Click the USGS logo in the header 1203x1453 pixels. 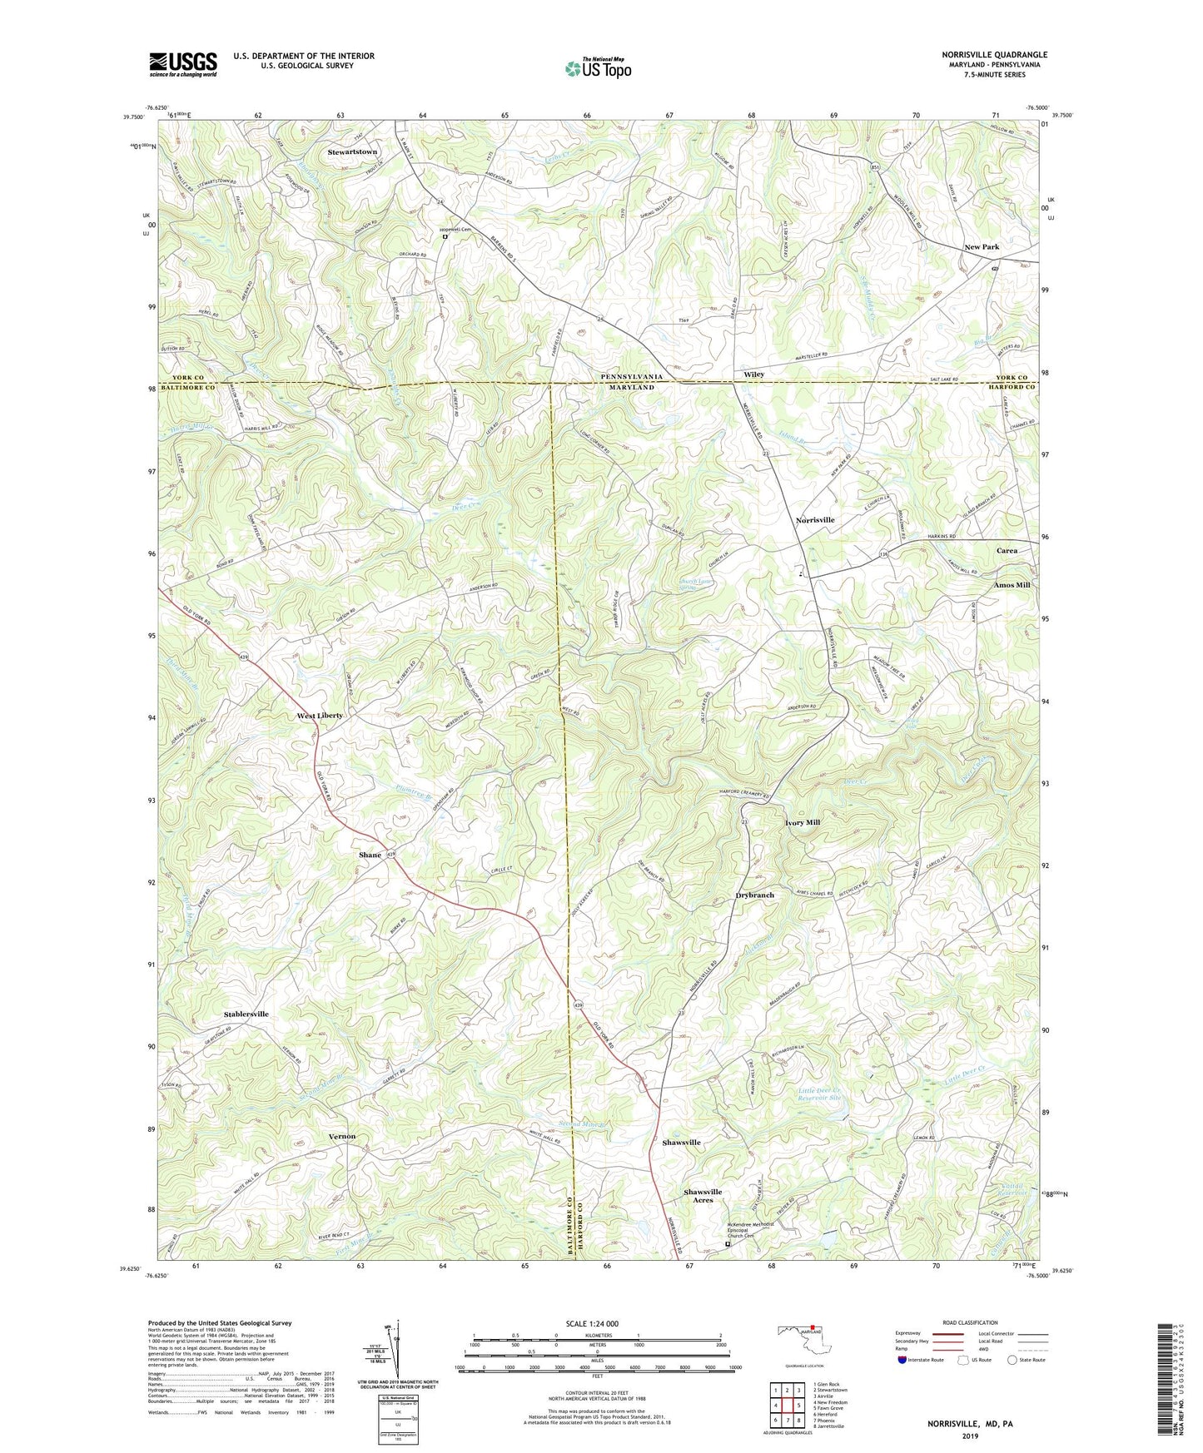pyautogui.click(x=183, y=63)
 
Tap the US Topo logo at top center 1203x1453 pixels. pyautogui.click(x=597, y=68)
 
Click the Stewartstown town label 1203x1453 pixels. pyautogui.click(x=352, y=152)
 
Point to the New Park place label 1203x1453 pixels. pyautogui.click(x=982, y=247)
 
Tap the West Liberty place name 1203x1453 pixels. pyautogui.click(x=320, y=716)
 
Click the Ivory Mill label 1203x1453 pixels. pyautogui.click(x=803, y=822)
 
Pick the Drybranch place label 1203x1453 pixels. pyautogui.click(x=754, y=895)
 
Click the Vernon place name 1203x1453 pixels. pyautogui.click(x=341, y=1136)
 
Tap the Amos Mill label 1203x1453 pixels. pyautogui.click(x=1012, y=585)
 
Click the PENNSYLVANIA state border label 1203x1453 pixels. pyautogui.click(x=632, y=377)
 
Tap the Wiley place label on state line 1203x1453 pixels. pyautogui.click(x=753, y=375)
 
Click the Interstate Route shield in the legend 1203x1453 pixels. pyautogui.click(x=902, y=1360)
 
